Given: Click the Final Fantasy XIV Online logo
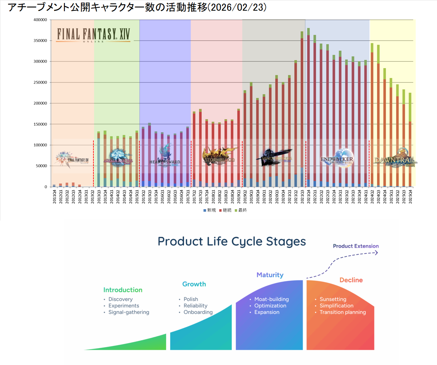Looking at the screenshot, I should [93, 34].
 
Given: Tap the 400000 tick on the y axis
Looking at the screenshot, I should [40, 20].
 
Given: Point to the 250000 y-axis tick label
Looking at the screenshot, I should [40, 82].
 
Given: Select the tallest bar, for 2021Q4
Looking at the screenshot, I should [308, 108].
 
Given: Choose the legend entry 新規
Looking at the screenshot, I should [210, 210].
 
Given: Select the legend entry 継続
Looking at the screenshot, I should [225, 210].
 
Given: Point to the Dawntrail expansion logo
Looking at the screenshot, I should [395, 159].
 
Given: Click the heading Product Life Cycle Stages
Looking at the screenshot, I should [231, 241].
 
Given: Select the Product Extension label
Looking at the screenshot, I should [356, 246].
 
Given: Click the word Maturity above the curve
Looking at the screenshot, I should [270, 275].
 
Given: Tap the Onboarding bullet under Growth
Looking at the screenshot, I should [198, 312].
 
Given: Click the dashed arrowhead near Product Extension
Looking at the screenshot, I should [376, 252].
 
